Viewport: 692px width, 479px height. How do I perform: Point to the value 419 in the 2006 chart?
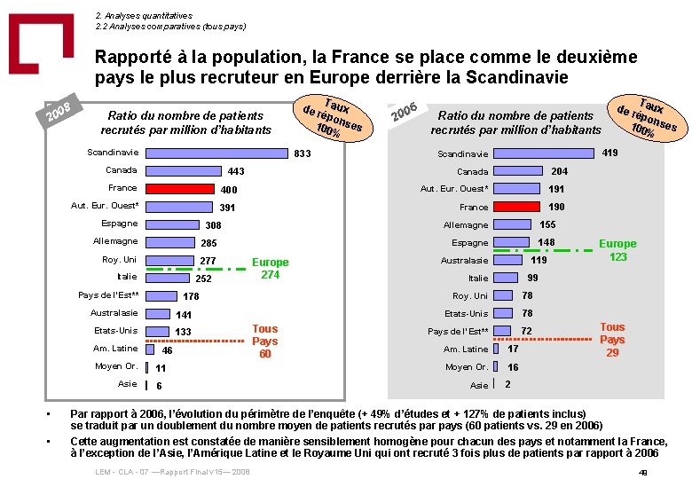609,153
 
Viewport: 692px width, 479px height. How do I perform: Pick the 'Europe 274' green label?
270,268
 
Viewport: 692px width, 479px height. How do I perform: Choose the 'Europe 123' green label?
617,250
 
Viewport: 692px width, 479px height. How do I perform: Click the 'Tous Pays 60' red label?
264,341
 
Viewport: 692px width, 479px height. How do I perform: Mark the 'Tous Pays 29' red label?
612,340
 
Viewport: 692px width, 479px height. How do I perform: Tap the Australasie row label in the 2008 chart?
114,313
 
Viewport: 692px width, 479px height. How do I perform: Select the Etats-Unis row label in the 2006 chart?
466,313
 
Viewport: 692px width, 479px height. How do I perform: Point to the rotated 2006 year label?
405,113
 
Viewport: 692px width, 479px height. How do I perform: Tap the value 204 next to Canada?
560,171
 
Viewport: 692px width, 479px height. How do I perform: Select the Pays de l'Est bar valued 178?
161,295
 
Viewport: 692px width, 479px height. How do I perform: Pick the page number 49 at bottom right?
643,472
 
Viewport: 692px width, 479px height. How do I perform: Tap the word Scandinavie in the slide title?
507,77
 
